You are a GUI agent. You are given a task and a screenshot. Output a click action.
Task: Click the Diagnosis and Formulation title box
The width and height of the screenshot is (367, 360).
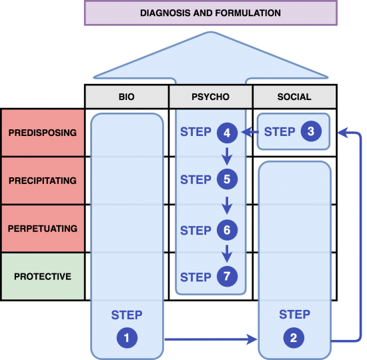point(210,13)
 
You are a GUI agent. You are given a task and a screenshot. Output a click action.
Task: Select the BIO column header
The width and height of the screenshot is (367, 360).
point(126,97)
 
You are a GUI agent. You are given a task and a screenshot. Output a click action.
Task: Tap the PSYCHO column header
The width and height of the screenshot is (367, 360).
point(210,97)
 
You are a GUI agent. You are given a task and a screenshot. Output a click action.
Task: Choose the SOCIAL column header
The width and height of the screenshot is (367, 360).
point(294,97)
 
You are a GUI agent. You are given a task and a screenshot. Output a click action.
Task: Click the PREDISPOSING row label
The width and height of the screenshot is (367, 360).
point(43,133)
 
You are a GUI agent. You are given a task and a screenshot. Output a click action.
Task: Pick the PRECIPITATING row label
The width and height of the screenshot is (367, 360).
point(43,181)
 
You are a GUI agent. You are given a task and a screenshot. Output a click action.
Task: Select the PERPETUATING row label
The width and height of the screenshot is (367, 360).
point(43,229)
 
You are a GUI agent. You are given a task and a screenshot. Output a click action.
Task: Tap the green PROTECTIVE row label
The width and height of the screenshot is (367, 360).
point(43,276)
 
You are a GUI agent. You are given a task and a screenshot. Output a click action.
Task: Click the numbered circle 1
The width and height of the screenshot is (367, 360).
point(126,338)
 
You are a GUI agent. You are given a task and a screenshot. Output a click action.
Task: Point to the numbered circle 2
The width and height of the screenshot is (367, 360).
point(294,338)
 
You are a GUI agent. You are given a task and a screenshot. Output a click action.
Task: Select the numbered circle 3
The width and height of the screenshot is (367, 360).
point(310,132)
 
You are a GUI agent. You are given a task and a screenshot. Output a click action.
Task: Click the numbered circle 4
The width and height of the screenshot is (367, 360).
point(227,133)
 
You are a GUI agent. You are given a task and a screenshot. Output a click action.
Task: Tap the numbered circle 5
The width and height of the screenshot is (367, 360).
point(227,180)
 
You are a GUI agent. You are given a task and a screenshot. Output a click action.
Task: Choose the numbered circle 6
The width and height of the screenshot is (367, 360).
point(227,231)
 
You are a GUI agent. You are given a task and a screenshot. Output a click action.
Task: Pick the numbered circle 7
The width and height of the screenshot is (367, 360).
point(227,277)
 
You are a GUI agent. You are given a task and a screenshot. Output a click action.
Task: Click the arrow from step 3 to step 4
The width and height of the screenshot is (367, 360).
point(249,133)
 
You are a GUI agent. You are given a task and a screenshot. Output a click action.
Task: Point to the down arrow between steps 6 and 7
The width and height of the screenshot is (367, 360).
point(227,254)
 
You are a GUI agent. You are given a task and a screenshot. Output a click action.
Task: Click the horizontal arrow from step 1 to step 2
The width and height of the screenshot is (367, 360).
point(210,340)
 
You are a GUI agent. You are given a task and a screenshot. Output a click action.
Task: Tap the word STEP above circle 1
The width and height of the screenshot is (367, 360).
point(127,315)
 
